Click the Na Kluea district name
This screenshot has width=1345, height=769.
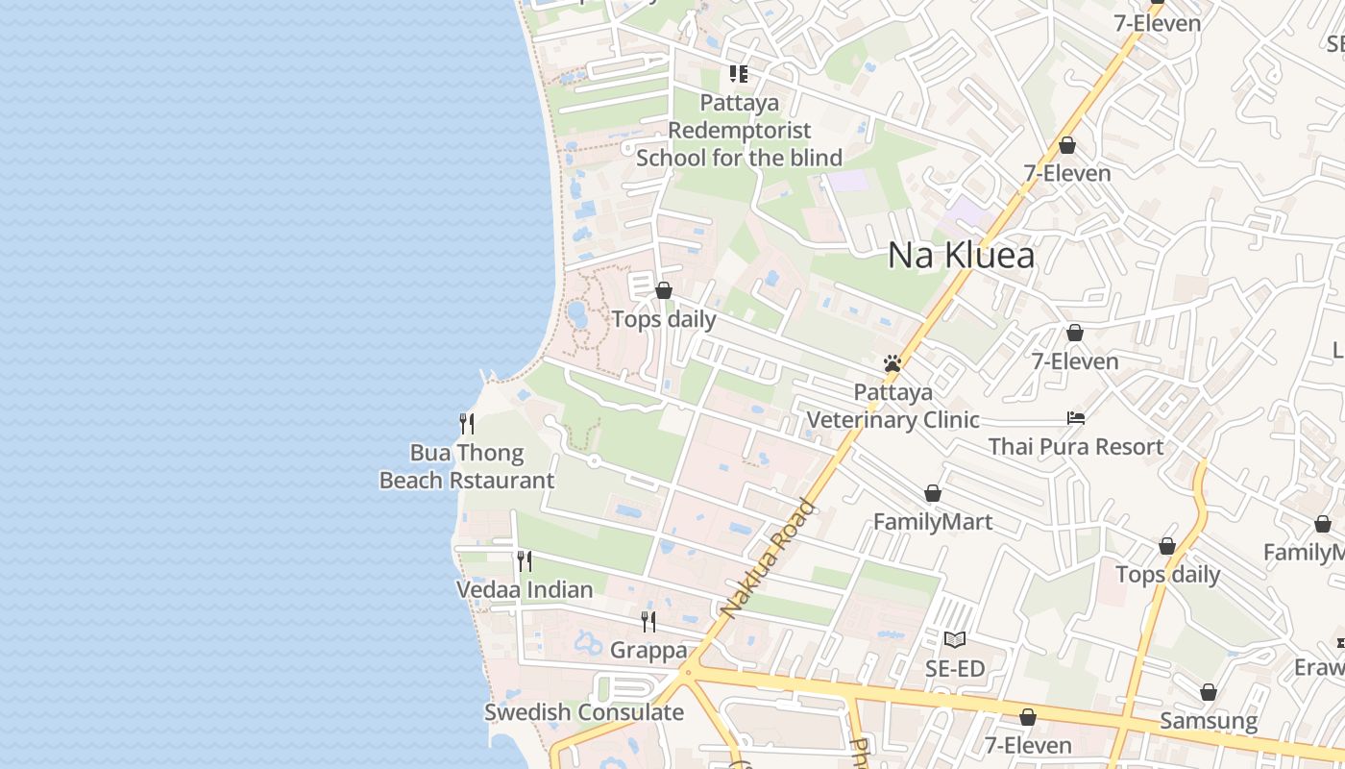point(961,255)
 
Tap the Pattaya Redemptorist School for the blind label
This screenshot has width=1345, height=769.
point(739,130)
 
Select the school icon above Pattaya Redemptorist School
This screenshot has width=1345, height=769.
point(739,73)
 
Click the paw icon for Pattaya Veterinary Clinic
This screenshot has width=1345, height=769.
point(893,363)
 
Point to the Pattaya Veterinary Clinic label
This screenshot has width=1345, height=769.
point(893,406)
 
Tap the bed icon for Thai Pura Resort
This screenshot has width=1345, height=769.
point(1076,418)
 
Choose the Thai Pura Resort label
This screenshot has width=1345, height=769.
point(1076,446)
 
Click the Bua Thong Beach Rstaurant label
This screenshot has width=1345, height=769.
point(467,466)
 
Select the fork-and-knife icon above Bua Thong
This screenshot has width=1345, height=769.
point(467,423)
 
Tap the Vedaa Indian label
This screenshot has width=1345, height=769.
point(525,589)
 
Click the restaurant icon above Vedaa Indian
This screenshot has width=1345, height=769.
point(525,560)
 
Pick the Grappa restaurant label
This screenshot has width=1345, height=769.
point(648,650)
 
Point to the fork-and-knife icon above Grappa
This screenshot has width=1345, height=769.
point(648,622)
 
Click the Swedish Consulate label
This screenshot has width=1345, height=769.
point(584,712)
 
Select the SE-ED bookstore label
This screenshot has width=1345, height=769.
point(955,668)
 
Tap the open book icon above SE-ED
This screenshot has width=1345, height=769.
point(955,639)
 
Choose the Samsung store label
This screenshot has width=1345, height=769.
point(1209,721)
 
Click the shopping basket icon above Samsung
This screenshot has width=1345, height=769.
point(1209,692)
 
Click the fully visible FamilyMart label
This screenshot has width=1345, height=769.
point(933,522)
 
